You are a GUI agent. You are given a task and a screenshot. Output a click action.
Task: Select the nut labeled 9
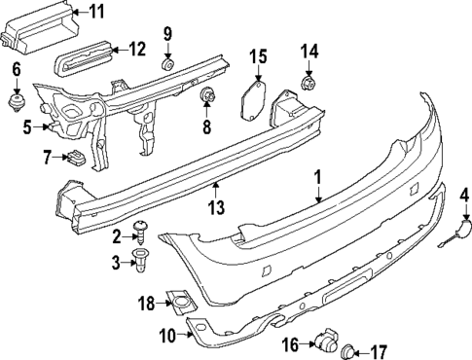167,65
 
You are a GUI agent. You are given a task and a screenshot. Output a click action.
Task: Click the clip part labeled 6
17,100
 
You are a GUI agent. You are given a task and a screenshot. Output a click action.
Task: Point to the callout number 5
27,125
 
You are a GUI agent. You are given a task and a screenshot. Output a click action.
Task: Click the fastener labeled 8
206,95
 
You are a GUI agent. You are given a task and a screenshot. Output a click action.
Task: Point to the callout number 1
316,178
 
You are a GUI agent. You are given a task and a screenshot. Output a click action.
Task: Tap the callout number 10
165,337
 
